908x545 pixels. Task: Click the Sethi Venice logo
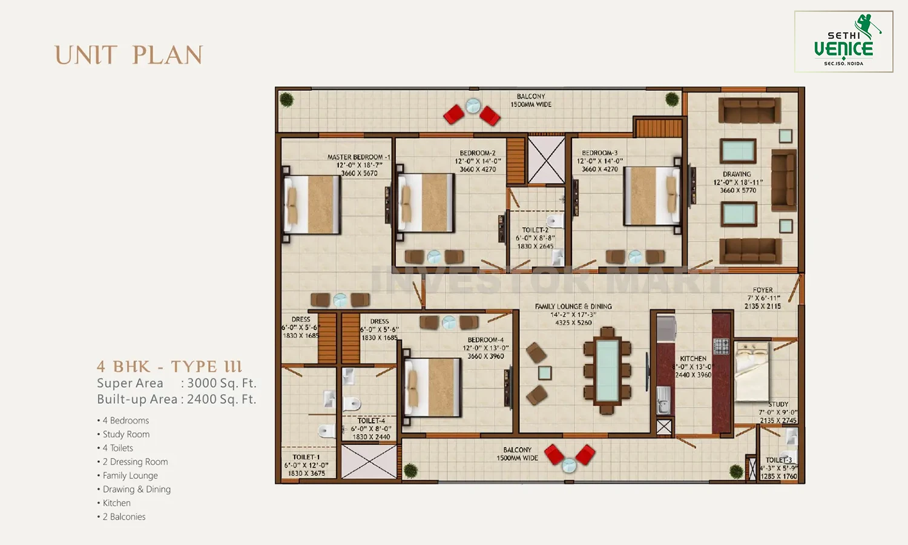(843, 42)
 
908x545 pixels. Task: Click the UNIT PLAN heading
(128, 55)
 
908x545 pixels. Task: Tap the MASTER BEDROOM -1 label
(358, 157)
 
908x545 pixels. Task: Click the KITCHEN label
(693, 358)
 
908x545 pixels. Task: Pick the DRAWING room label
(737, 174)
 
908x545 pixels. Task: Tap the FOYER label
(763, 290)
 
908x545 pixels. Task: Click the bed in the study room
(752, 371)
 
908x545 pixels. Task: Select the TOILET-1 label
(306, 457)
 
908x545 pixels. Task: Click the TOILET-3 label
(778, 460)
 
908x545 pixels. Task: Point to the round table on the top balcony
(473, 106)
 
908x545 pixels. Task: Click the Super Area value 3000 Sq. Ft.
(222, 383)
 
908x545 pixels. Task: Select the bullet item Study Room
(126, 434)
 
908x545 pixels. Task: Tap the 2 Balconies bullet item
(124, 517)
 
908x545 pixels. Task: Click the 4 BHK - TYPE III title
(169, 366)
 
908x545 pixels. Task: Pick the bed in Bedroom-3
(651, 196)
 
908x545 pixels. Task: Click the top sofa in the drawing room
(749, 111)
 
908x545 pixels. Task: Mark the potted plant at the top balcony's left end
(287, 99)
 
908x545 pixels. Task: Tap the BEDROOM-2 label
(478, 153)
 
